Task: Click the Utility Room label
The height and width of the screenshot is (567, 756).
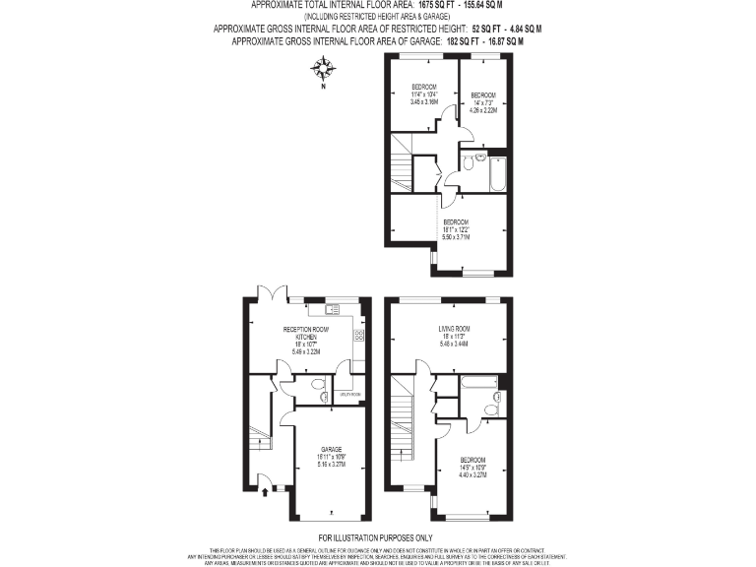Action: tap(350, 395)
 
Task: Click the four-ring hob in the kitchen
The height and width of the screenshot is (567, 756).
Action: tap(358, 335)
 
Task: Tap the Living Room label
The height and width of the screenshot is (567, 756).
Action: tap(454, 328)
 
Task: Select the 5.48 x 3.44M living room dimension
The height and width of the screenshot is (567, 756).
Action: tap(454, 344)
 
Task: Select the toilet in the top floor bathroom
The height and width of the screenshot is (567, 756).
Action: tap(479, 157)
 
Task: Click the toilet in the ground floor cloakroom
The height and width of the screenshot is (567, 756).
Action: tap(318, 385)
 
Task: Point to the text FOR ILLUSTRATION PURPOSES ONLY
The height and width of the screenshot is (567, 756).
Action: tap(378, 537)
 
